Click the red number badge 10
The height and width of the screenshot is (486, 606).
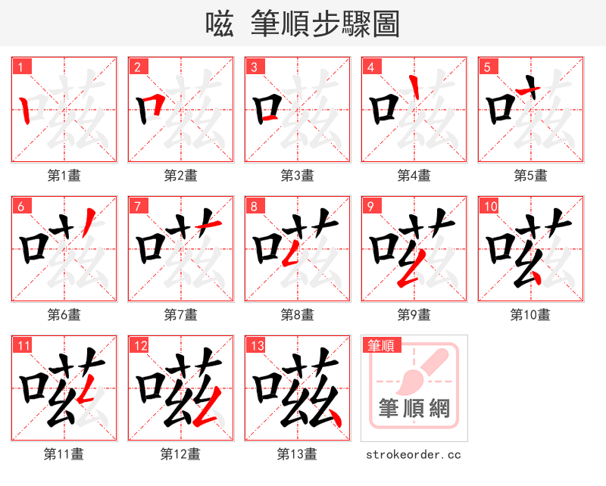(x=489, y=206)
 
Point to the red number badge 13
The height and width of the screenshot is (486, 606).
(x=256, y=346)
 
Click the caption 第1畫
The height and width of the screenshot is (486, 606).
(x=64, y=176)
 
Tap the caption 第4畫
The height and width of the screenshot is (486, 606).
(x=414, y=176)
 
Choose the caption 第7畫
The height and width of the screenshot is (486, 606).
(x=181, y=314)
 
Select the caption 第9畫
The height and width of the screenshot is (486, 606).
(x=414, y=314)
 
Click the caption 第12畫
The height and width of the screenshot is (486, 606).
(x=181, y=454)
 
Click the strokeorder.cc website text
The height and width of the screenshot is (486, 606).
(x=414, y=455)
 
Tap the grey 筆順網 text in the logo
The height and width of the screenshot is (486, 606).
(x=414, y=410)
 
